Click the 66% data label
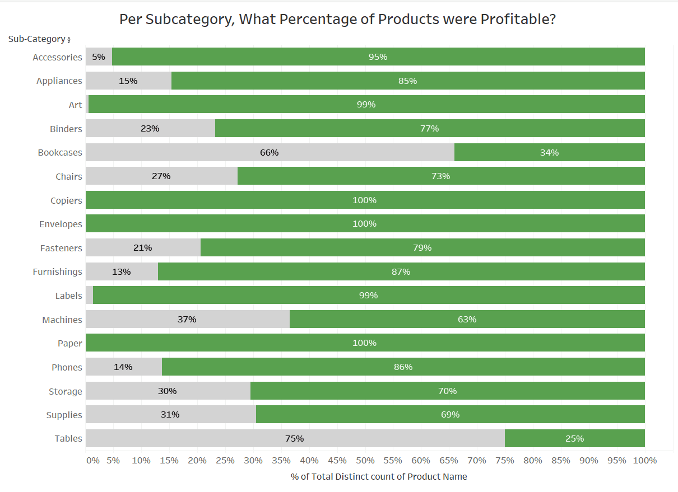(x=270, y=152)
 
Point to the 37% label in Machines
(x=187, y=319)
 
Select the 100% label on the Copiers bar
(x=365, y=200)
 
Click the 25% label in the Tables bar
(x=575, y=438)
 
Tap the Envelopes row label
(x=61, y=224)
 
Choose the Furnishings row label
(x=57, y=271)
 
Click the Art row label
(x=76, y=105)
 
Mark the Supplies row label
(x=64, y=415)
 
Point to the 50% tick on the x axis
(x=365, y=460)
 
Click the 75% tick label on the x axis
(x=505, y=460)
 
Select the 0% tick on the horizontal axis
(x=93, y=460)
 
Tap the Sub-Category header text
(x=36, y=39)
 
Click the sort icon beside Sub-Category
(x=69, y=40)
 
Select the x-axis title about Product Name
(x=379, y=476)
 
